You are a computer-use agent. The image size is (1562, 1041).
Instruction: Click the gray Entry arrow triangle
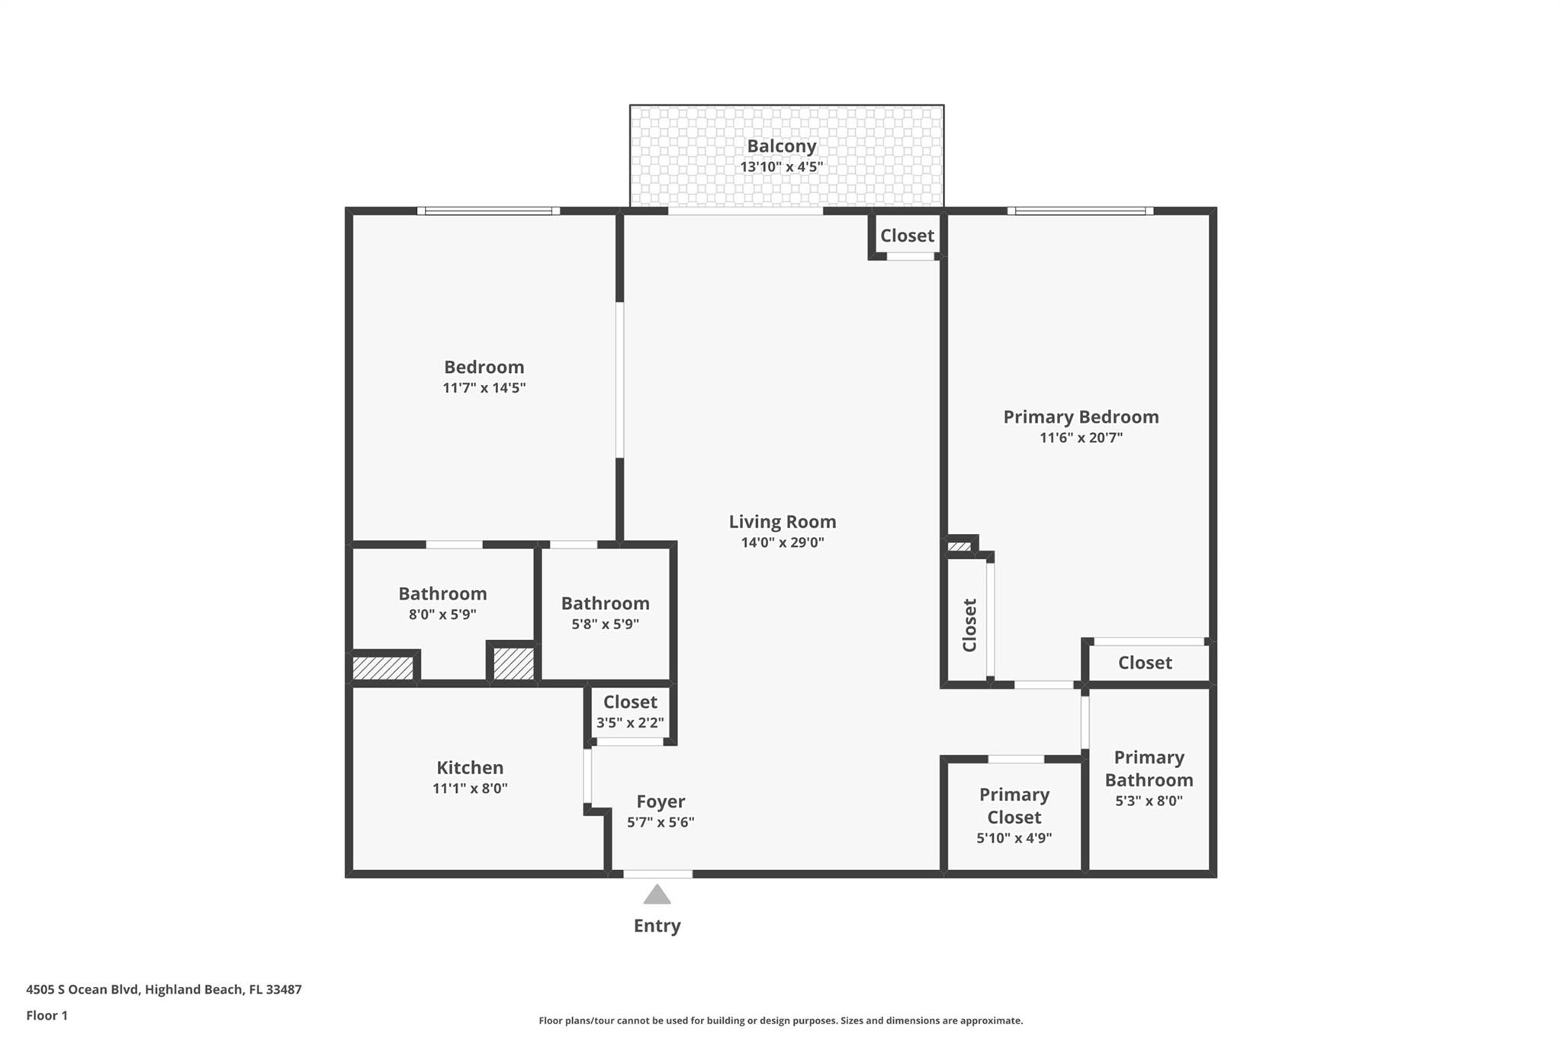657,895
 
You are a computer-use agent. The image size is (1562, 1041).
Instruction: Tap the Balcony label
781,146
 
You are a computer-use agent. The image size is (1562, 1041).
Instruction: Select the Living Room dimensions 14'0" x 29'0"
782,542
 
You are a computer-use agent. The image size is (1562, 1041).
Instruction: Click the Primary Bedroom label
1080,416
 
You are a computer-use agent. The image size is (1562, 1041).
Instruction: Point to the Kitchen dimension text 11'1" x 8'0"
470,789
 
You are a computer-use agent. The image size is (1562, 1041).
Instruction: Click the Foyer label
660,802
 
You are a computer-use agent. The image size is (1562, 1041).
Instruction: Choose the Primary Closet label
1014,805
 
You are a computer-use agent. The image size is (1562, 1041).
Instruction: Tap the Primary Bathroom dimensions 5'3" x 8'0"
1149,801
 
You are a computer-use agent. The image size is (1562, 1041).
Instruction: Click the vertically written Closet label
969,625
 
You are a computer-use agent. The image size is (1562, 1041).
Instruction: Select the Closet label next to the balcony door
907,236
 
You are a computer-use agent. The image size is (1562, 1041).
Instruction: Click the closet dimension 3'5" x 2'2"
630,722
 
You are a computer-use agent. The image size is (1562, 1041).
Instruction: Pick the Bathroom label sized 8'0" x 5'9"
442,593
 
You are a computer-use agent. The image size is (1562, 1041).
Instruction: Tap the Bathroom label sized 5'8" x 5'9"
605,603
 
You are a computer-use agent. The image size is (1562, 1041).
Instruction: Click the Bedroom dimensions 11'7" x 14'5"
484,387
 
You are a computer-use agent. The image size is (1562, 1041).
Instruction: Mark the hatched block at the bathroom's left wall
383,668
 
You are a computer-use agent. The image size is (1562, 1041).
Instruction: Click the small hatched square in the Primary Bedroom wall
959,546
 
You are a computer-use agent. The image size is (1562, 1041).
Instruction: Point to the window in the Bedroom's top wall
488,210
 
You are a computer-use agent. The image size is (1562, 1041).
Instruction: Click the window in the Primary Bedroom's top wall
1079,210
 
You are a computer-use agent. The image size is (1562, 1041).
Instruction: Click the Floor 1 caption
47,1015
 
